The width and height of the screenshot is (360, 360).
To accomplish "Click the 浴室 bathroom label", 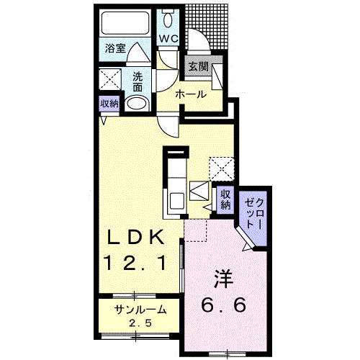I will click(x=115, y=48).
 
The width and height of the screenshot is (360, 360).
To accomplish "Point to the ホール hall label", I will click(x=191, y=94).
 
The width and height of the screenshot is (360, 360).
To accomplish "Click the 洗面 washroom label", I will click(x=138, y=82).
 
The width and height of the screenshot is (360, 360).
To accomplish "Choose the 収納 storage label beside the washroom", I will click(x=109, y=103).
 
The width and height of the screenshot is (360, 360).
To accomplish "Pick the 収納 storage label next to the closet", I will click(x=225, y=199).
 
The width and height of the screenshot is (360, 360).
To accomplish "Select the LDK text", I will click(x=139, y=238).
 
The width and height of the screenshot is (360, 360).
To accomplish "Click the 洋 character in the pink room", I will click(x=223, y=276).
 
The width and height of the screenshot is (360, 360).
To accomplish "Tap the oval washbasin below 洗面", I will click(x=137, y=103).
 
